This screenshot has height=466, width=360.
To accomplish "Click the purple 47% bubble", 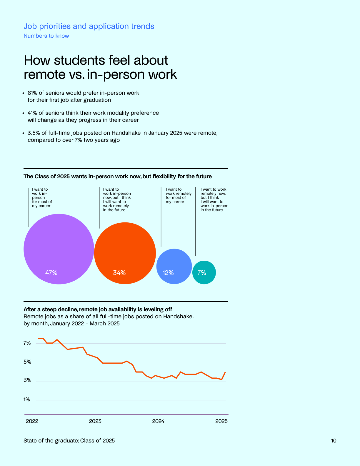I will (59, 249).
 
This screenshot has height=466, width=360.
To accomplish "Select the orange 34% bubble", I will (125, 253).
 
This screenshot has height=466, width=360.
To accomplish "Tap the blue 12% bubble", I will (174, 266).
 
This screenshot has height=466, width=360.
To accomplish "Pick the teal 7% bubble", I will (204, 272).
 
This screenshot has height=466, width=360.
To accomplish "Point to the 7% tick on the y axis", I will (27, 343).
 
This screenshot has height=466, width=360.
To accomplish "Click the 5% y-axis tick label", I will (27, 362).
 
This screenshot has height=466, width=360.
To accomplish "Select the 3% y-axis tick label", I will (27, 380).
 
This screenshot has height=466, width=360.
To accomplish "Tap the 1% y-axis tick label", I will (27, 400).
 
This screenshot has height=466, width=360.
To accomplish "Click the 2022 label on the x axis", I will (32, 421).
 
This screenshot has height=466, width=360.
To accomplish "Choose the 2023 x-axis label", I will (95, 421).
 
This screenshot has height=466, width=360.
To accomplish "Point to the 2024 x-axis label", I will (158, 421).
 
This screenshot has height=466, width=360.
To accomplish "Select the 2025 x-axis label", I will (221, 421).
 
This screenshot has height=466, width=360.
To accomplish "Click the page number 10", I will (334, 441).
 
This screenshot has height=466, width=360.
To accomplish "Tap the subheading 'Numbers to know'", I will (46, 36).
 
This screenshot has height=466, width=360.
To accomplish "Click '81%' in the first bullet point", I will (32, 93).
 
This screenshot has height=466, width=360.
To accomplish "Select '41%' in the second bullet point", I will (32, 113).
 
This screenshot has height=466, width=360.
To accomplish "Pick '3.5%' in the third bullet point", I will (34, 133).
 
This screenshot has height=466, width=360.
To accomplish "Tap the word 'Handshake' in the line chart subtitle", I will (178, 317).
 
